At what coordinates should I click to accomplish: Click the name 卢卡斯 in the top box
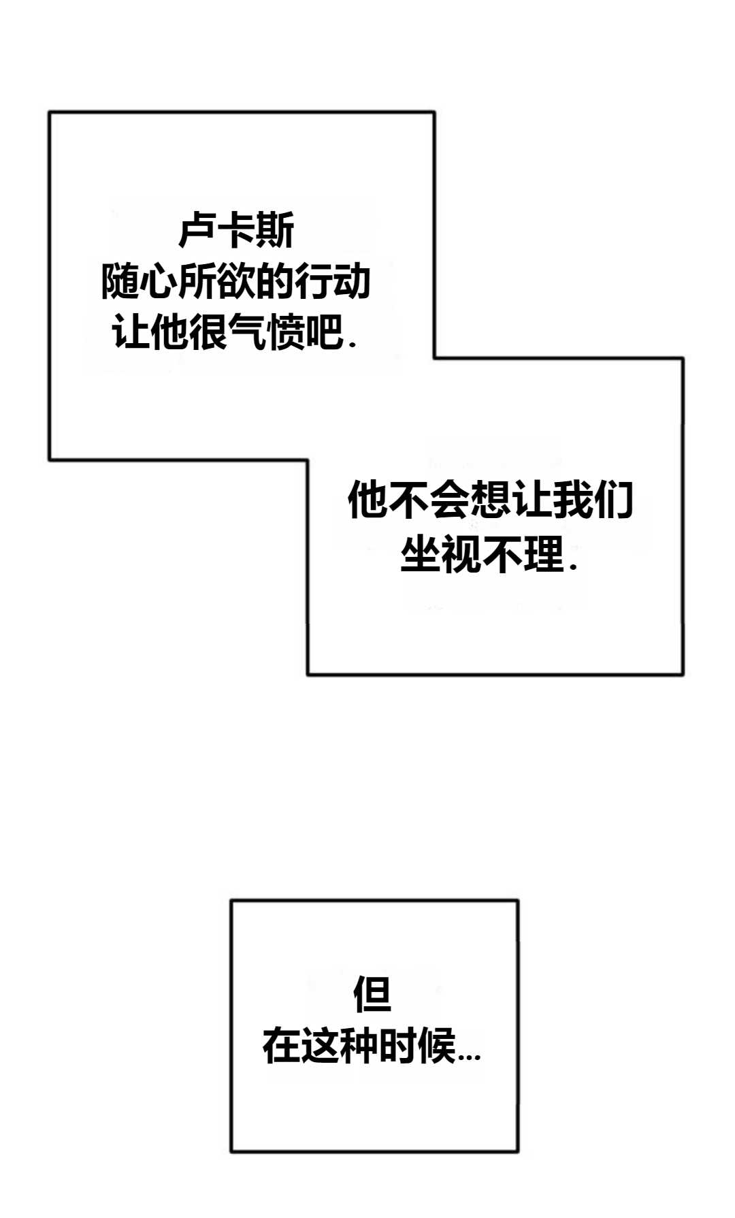(x=236, y=231)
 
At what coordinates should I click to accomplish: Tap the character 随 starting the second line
(x=120, y=282)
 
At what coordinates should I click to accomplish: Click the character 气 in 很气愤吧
(x=247, y=332)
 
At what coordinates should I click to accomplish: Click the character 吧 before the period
(x=325, y=332)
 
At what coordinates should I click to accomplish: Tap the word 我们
(x=593, y=500)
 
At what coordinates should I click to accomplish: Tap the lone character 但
(x=372, y=995)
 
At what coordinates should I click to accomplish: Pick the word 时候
(x=416, y=1046)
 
